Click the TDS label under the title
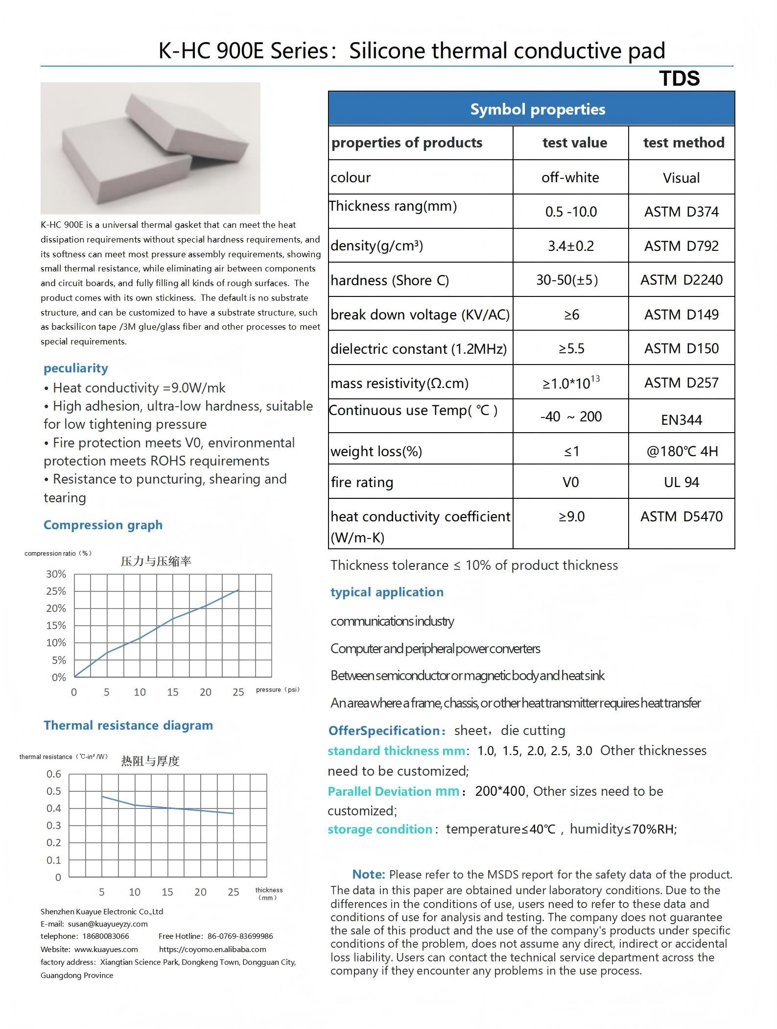679,78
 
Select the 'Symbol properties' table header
537,109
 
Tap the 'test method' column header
683,143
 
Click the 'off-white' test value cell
570,177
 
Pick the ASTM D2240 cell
681,280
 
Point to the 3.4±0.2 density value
570,246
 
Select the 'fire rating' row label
362,482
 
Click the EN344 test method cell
681,420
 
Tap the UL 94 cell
681,482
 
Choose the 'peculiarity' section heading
76,368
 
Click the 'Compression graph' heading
103,525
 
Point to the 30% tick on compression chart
56,574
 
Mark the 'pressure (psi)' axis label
277,689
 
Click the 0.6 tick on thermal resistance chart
54,774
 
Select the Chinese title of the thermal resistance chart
150,761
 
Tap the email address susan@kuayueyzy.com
108,924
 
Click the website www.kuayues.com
106,949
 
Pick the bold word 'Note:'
368,874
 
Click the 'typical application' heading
387,592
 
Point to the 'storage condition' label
380,829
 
